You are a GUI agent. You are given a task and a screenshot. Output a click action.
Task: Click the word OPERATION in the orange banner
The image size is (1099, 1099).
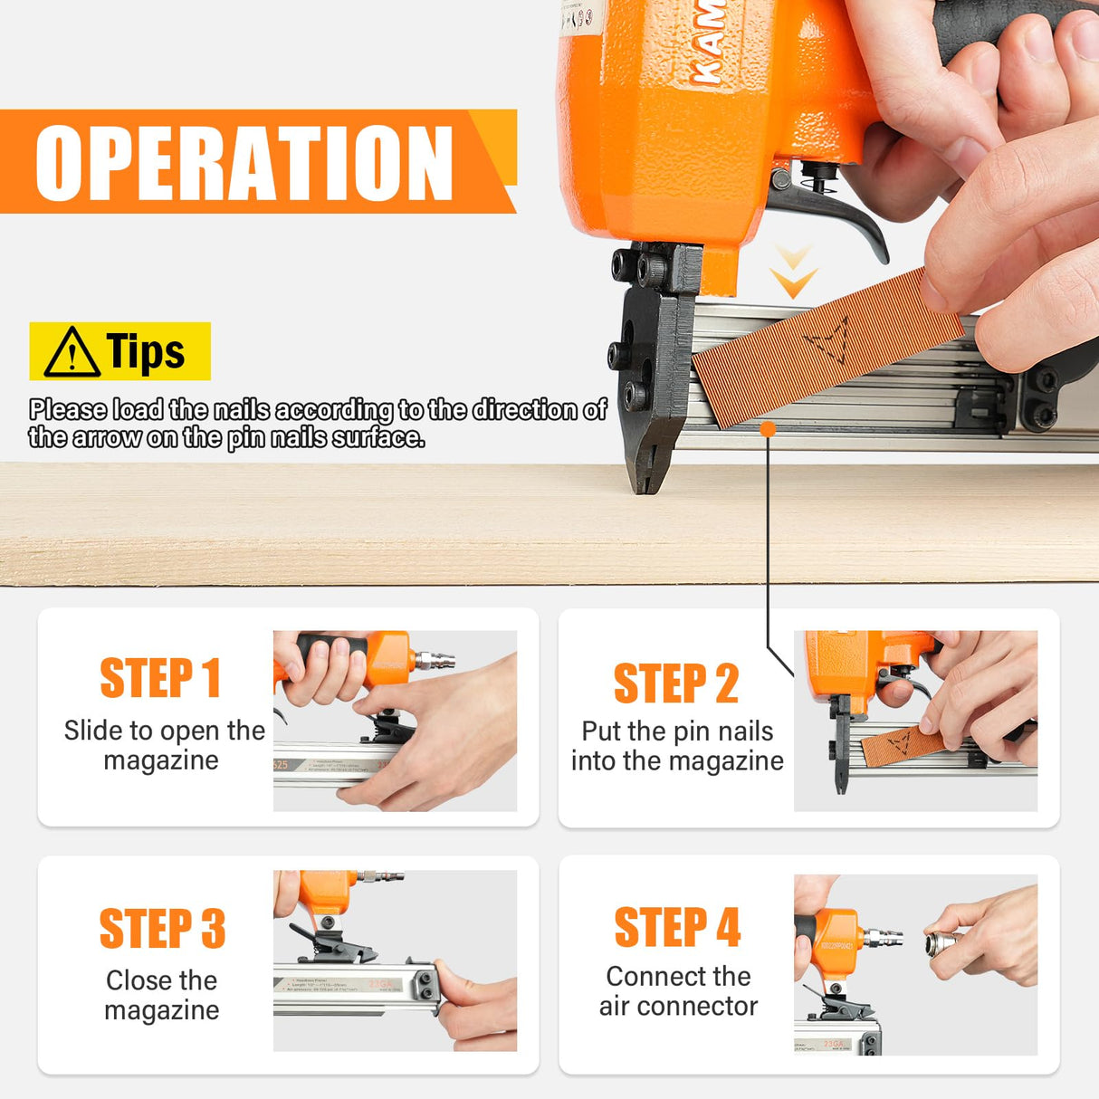[244, 162]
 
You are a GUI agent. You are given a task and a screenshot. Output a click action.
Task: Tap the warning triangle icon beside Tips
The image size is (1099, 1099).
[72, 352]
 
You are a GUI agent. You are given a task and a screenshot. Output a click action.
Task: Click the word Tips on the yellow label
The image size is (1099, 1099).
[146, 351]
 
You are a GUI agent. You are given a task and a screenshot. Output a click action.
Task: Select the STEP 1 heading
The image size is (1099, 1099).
[160, 678]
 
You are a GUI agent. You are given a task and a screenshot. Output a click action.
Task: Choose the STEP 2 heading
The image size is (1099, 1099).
[676, 683]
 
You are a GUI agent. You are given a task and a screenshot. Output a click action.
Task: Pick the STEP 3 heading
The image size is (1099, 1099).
[162, 929]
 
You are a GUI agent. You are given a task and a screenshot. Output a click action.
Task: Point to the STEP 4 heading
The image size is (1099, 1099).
[677, 927]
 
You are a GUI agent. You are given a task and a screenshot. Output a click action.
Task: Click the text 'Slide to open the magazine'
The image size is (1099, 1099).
[164, 745]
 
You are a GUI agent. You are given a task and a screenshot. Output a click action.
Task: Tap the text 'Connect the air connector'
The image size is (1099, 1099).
[678, 990]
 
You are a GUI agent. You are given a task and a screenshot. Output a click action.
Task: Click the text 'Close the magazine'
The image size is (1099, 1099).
[162, 995]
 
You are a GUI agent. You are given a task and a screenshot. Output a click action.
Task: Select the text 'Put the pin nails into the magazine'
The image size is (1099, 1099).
[677, 746]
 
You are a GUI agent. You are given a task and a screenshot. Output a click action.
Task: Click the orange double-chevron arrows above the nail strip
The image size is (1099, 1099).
[793, 272]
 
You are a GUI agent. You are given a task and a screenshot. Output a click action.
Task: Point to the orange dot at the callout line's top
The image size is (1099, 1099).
[768, 429]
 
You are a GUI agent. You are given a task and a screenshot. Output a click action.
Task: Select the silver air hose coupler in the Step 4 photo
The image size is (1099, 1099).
[941, 942]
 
